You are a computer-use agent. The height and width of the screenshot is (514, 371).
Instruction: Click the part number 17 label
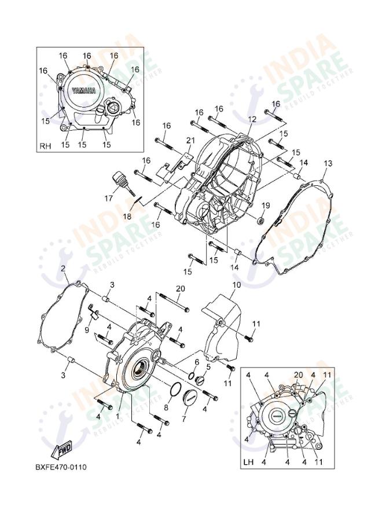108,199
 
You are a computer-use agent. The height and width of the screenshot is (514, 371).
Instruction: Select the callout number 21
190,141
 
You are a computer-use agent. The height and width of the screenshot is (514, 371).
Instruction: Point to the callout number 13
328,164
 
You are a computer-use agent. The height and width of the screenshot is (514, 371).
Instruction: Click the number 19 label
266,205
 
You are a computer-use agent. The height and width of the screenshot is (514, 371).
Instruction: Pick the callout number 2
63,269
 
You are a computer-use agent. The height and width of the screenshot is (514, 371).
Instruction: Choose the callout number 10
237,285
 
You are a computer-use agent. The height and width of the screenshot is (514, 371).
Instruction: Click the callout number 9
87,330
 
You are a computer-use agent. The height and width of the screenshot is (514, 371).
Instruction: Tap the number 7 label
184,418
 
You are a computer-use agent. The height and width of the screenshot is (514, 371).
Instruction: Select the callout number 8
166,408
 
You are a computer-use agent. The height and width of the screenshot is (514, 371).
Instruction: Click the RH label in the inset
46,146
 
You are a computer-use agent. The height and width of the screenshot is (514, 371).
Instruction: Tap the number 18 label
127,217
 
